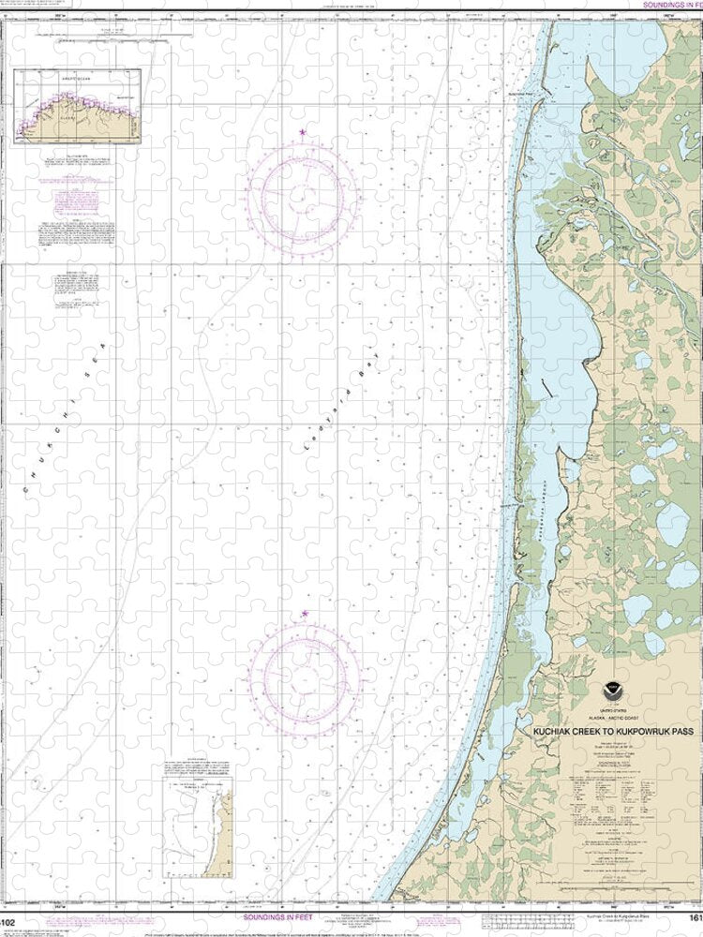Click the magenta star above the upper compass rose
pyautogui.click(x=302, y=133)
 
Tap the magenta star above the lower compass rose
pyautogui.click(x=305, y=615)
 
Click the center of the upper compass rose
pyautogui.click(x=302, y=196)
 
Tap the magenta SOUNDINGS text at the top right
pyautogui.click(x=671, y=5)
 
